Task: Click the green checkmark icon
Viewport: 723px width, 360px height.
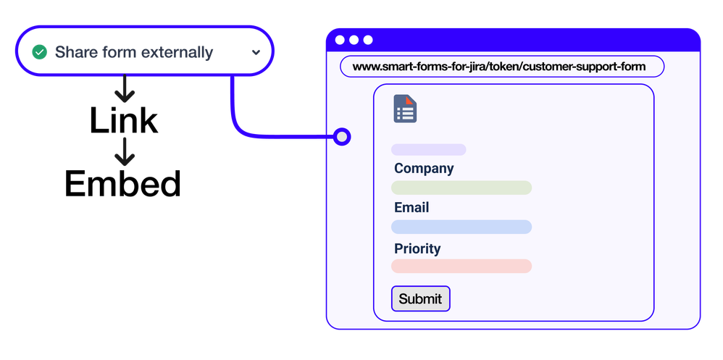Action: point(40,52)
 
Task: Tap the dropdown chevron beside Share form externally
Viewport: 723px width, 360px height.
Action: point(256,52)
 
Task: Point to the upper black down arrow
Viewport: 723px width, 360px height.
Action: point(125,91)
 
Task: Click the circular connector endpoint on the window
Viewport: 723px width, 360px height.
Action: point(340,135)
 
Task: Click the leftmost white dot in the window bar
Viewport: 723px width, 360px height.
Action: point(340,40)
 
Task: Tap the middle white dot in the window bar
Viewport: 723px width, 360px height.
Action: point(354,40)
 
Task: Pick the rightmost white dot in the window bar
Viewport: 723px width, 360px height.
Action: point(368,40)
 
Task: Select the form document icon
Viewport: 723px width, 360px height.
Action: point(405,109)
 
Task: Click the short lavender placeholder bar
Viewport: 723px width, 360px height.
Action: point(428,149)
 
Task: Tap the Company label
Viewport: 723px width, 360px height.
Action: point(424,168)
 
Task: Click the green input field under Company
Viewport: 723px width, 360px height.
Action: point(461,188)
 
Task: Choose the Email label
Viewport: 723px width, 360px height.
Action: point(411,207)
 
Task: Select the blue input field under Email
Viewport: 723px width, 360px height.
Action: point(461,227)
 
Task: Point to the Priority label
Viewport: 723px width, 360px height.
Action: point(417,248)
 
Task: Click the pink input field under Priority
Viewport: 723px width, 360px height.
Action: point(461,266)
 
